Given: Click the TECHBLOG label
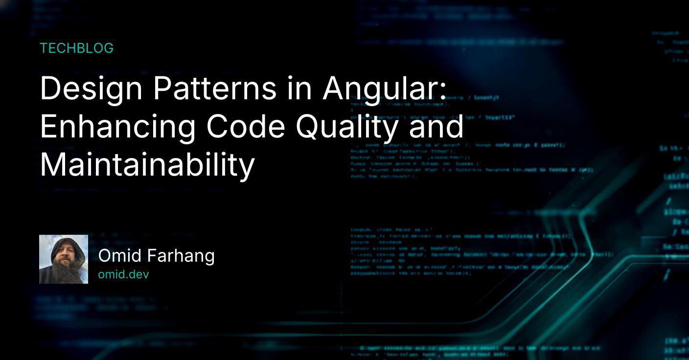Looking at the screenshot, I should [x=76, y=48].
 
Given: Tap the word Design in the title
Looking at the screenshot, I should [x=91, y=89].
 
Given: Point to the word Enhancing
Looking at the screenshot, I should [x=117, y=127].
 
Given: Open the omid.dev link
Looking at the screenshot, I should [x=123, y=274].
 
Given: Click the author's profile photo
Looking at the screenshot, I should [x=64, y=259].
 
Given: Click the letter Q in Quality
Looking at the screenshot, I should [x=308, y=127].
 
